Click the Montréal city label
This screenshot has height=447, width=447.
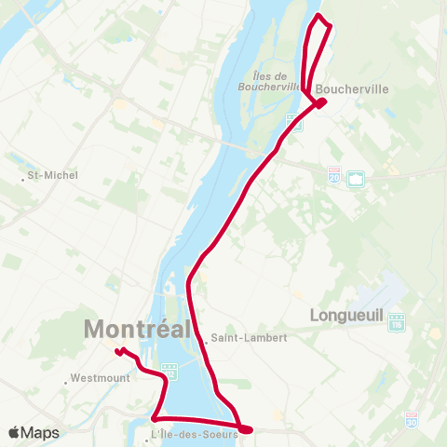137,329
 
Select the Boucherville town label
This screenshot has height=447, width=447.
351,91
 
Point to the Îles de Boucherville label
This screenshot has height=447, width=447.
278,81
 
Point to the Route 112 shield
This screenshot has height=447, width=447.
170,372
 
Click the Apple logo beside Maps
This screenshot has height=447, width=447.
14,433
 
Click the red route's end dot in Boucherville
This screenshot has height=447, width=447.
320,102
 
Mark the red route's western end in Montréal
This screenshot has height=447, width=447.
117,351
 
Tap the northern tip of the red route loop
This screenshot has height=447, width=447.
319,17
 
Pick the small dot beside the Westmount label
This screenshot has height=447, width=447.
67,381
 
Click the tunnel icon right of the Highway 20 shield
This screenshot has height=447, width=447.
355,178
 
